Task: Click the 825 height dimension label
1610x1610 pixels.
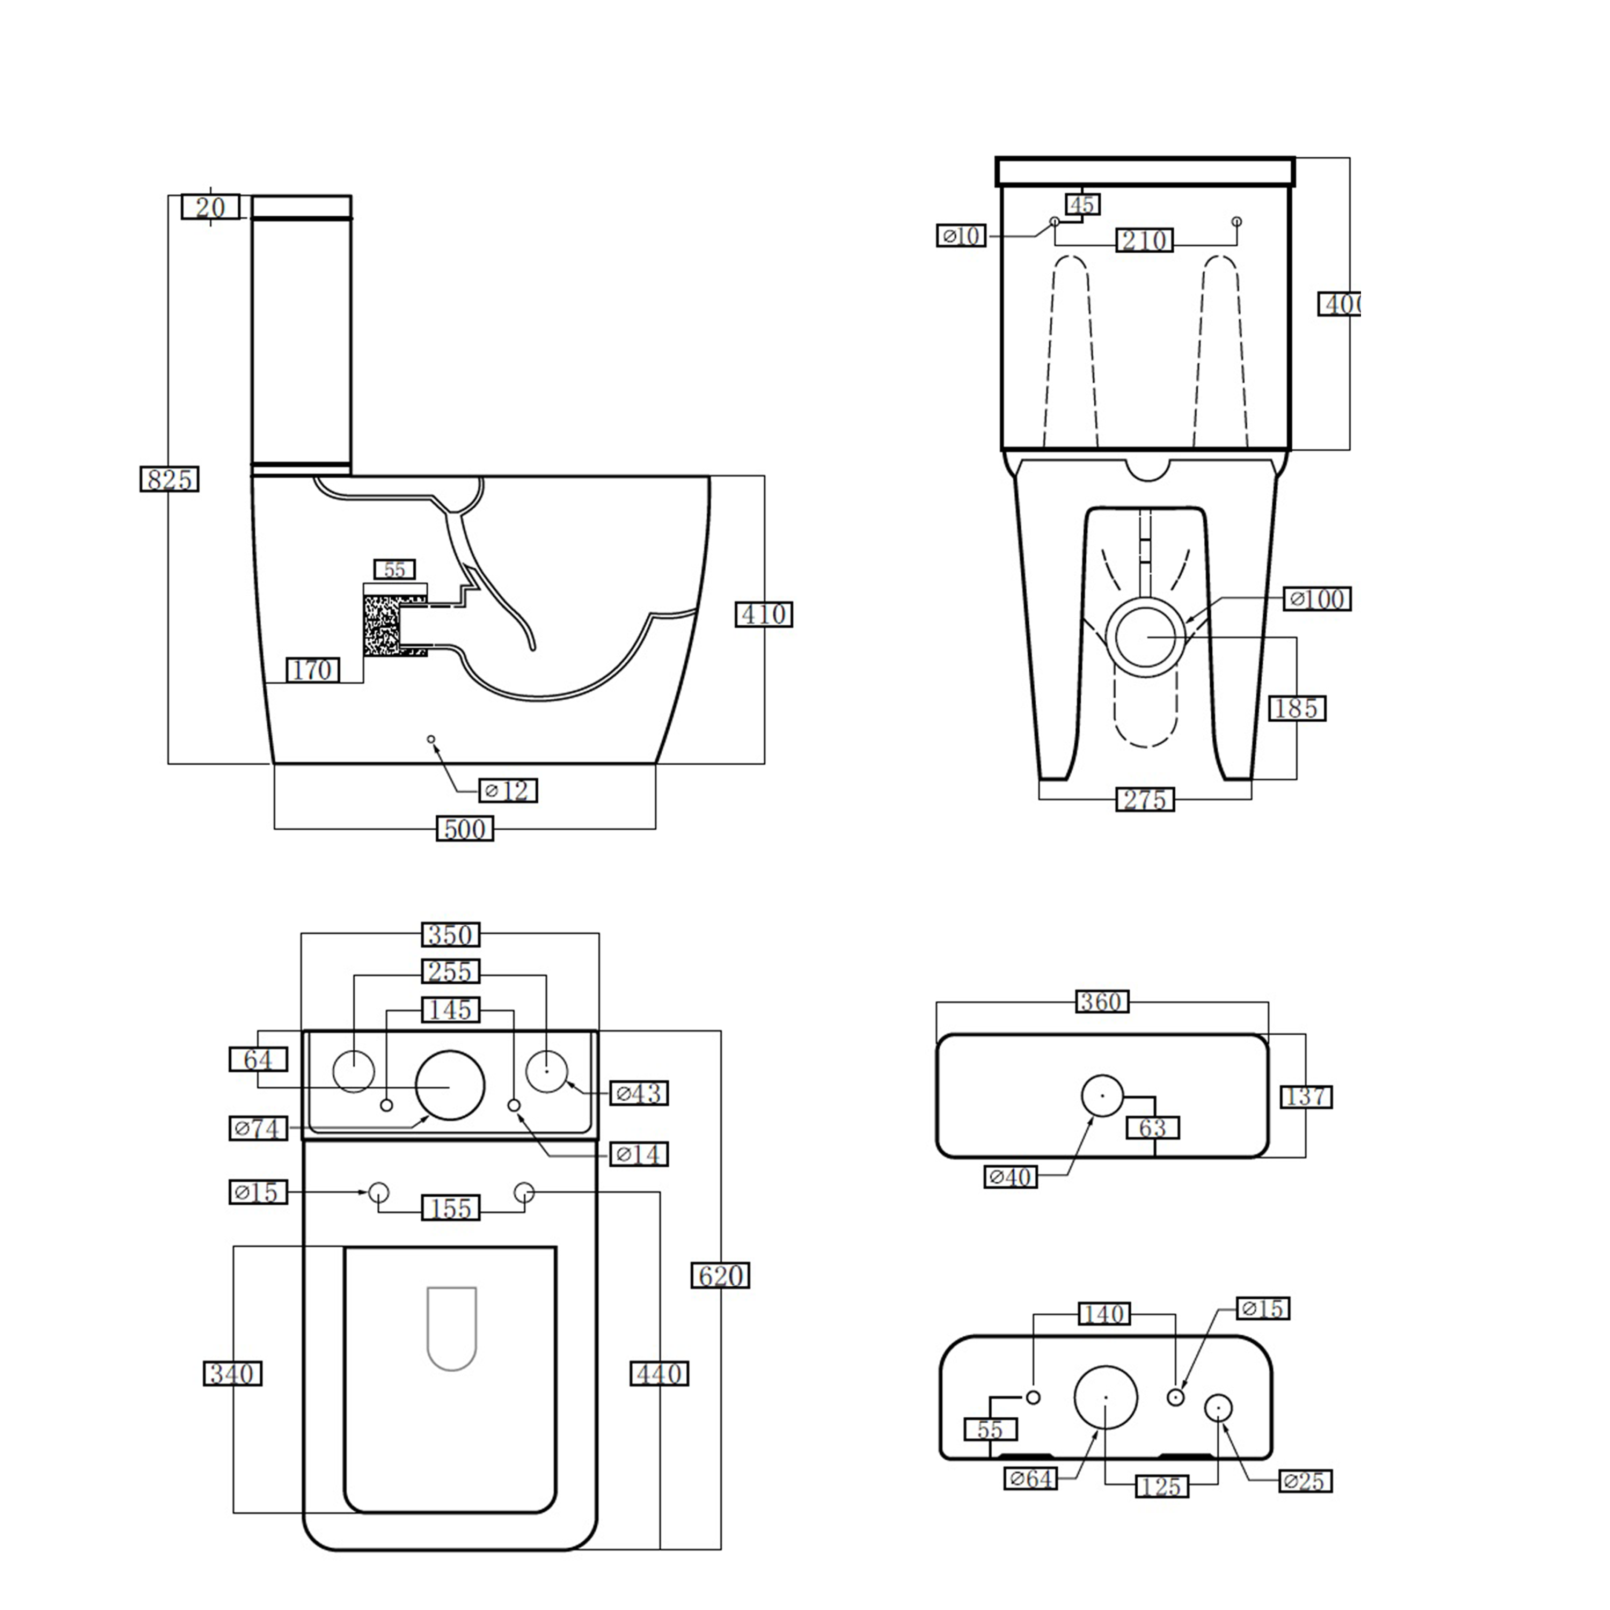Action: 169,479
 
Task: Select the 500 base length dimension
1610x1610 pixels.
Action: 465,828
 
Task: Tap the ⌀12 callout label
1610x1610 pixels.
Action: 508,790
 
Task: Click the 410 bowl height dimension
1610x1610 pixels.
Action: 763,614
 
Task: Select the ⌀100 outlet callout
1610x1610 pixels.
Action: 1316,598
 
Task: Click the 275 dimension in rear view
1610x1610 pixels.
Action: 1145,799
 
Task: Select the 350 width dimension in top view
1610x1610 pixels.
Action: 451,934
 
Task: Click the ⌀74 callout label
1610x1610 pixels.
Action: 258,1128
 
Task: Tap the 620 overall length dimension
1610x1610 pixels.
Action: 720,1275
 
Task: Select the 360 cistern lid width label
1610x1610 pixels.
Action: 1102,1001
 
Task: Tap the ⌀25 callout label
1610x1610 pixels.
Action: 1305,1481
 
